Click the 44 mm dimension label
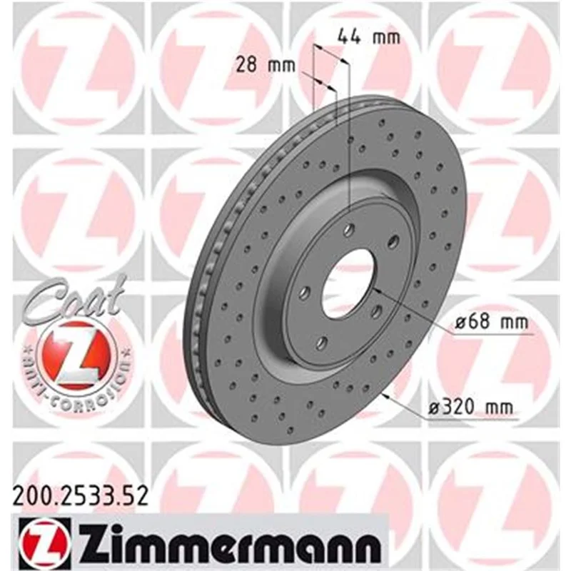click(x=369, y=37)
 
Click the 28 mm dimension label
click(x=265, y=65)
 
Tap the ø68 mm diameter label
click(x=492, y=322)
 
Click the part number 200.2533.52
click(x=81, y=496)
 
